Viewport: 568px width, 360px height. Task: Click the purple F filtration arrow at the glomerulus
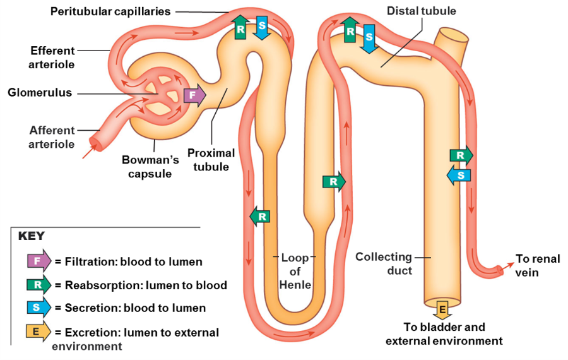[x=194, y=96]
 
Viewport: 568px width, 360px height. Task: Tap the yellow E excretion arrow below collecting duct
[x=442, y=310]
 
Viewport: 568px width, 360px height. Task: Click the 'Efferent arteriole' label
[x=52, y=57]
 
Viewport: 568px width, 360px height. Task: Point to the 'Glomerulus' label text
[x=40, y=93]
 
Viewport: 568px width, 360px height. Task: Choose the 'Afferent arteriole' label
[x=52, y=137]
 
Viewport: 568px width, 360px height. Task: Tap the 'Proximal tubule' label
[x=211, y=160]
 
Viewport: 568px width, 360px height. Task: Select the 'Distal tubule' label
[x=421, y=11]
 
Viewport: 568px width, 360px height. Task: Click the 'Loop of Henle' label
[x=295, y=271]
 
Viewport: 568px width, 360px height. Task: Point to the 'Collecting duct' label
[x=384, y=263]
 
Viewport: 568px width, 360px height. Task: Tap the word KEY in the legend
[x=31, y=236]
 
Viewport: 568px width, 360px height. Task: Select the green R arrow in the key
[x=38, y=285]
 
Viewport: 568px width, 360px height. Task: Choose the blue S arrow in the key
[x=38, y=308]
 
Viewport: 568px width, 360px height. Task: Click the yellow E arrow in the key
[x=38, y=332]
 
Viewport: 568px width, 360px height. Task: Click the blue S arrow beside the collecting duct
[x=459, y=174]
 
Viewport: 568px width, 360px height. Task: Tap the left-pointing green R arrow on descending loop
[x=260, y=216]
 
